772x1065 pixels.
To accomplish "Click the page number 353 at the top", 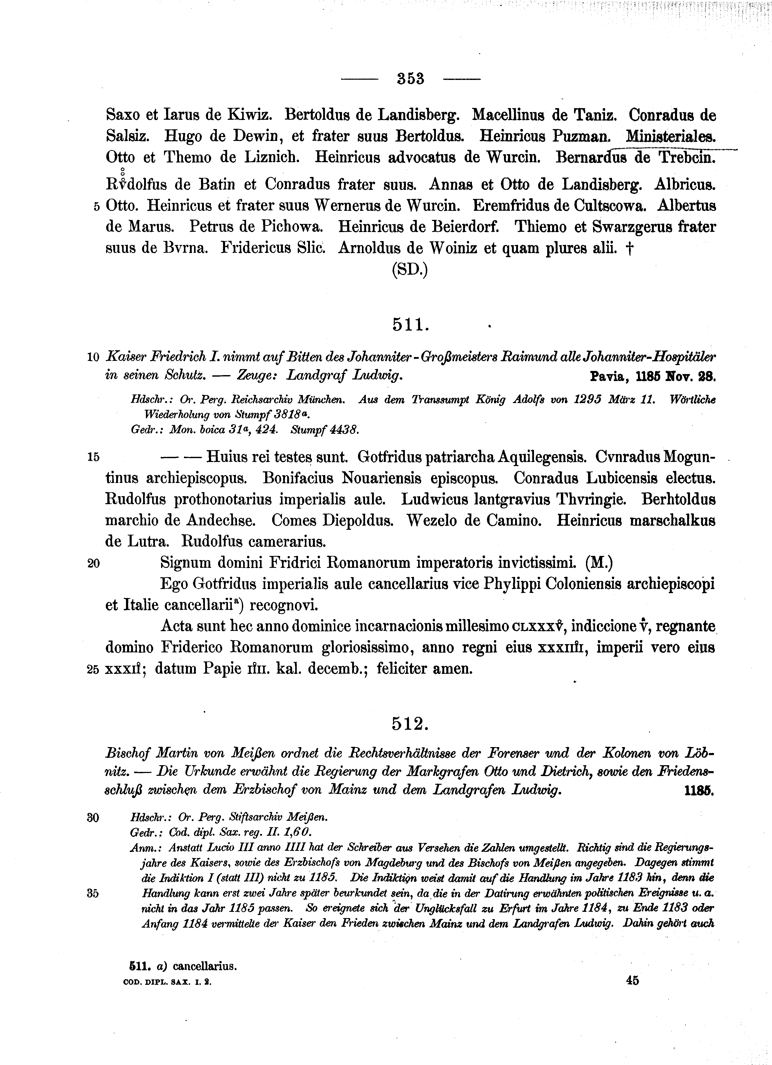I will pyautogui.click(x=410, y=78).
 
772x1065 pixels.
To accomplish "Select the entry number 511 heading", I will pyautogui.click(x=410, y=324).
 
